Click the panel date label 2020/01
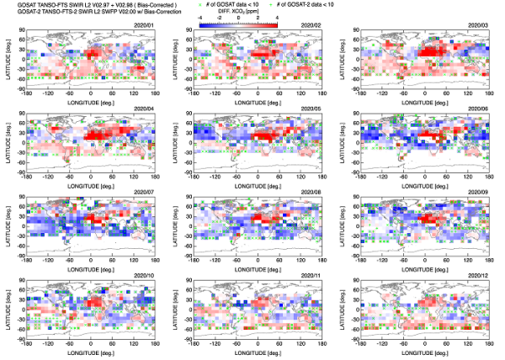pyautogui.click(x=143, y=26)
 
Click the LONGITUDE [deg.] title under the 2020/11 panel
pyautogui.click(x=257, y=352)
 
